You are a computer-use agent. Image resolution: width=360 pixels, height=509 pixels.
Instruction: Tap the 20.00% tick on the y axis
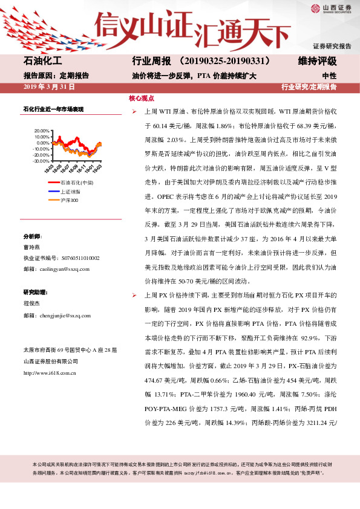(41, 130)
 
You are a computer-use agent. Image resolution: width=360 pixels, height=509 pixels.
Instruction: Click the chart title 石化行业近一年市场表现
(53, 109)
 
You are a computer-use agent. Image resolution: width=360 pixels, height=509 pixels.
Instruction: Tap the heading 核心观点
(142, 98)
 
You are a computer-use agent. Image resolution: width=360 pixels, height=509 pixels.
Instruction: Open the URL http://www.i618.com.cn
(49, 373)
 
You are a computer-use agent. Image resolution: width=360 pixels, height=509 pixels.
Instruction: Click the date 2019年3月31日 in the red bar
(48, 88)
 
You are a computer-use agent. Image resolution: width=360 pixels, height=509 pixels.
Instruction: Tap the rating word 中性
(329, 76)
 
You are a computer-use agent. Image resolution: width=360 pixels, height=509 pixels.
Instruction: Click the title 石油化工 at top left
(43, 62)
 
